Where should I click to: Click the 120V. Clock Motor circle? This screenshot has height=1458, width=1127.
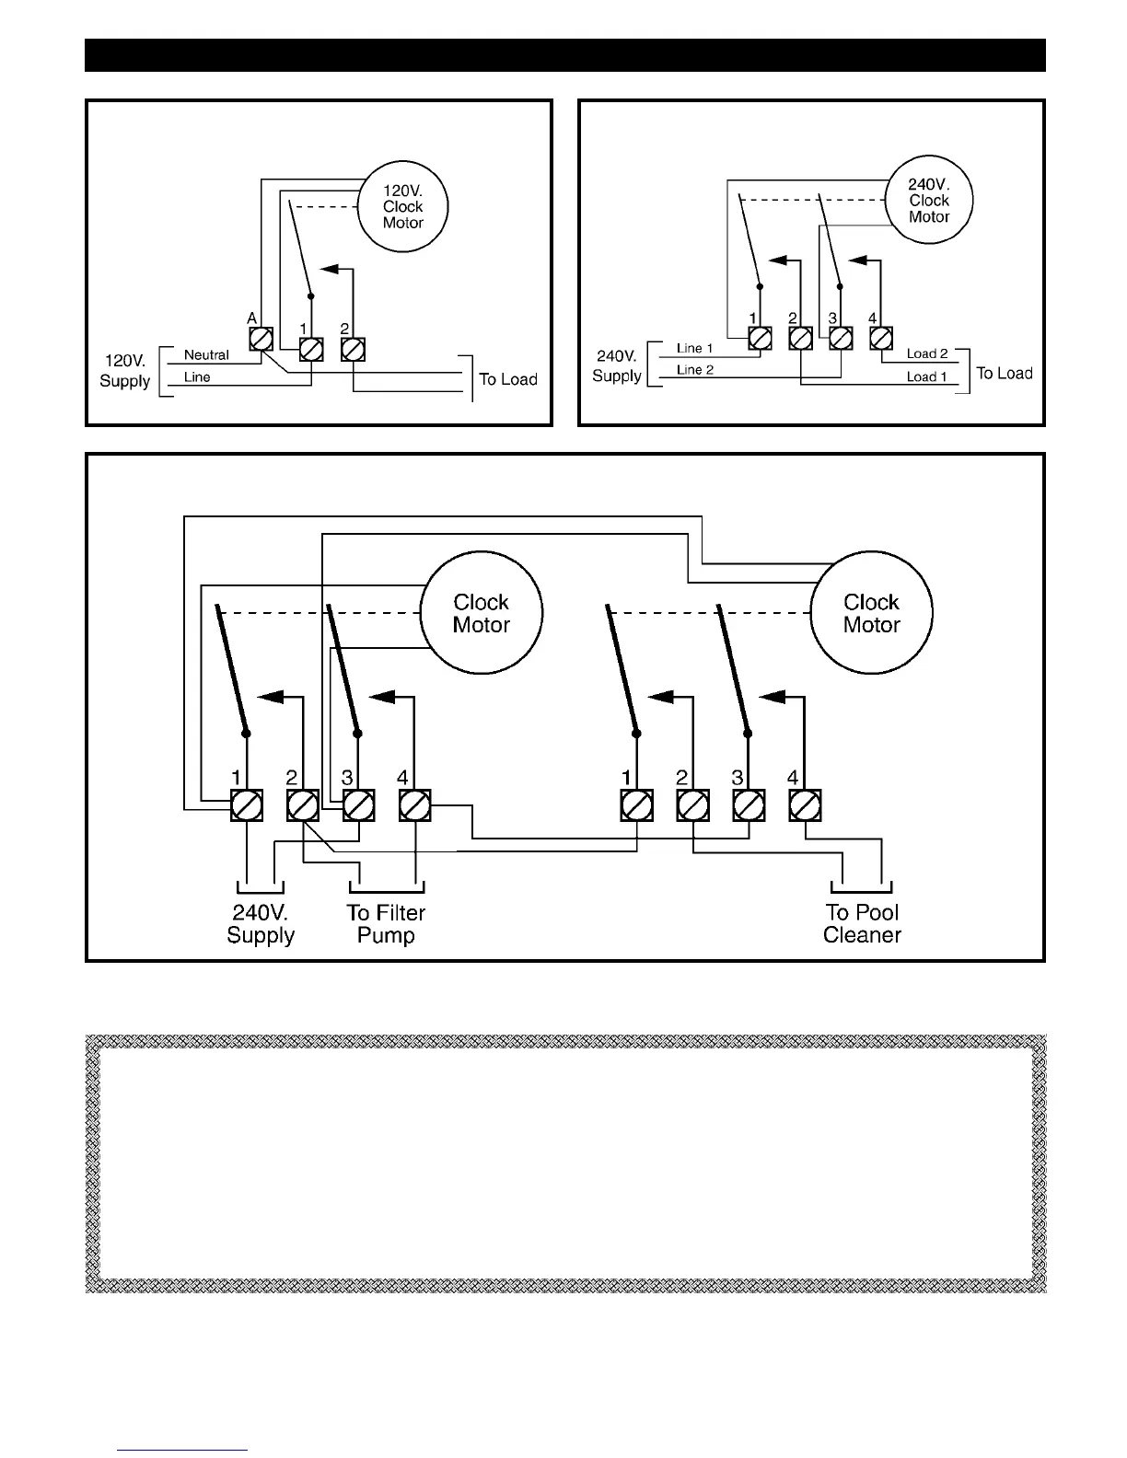[402, 207]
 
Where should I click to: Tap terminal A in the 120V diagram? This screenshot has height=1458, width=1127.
[261, 339]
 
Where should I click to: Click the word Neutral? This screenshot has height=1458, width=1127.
[206, 354]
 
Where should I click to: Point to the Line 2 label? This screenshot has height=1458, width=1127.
[695, 370]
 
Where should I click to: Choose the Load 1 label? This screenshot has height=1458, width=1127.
[926, 376]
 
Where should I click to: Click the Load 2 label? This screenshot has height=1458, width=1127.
[926, 353]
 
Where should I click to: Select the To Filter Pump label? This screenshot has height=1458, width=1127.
[386, 924]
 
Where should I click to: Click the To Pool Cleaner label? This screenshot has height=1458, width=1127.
[862, 924]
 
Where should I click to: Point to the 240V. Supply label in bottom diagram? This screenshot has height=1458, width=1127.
[261, 924]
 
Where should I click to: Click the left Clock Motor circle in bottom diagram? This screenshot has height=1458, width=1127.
[481, 614]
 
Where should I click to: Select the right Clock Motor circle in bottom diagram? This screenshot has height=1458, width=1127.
[871, 614]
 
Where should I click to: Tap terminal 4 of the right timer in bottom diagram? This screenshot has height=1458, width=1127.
[806, 805]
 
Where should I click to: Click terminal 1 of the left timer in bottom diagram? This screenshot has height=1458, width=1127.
[247, 805]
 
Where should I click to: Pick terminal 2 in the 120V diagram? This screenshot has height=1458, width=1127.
[354, 349]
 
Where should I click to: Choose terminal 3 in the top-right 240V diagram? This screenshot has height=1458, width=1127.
[841, 339]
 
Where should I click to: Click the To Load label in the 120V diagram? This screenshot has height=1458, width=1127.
[508, 379]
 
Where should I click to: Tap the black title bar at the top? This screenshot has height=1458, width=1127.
[564, 55]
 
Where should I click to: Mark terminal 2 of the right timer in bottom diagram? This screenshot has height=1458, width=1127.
[692, 805]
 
